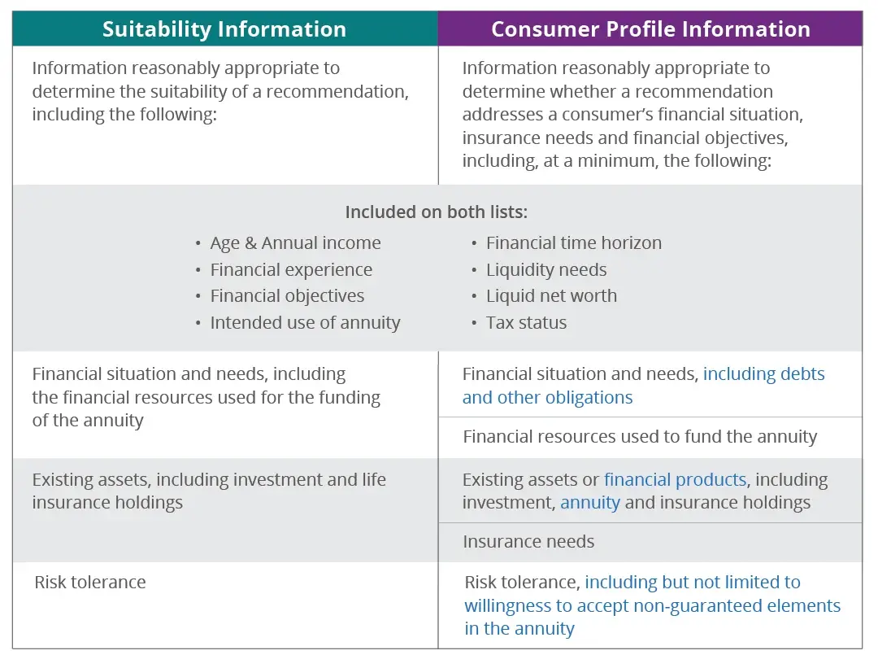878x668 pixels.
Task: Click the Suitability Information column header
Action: pyautogui.click(x=224, y=29)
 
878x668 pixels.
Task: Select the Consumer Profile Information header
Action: pyautogui.click(x=650, y=29)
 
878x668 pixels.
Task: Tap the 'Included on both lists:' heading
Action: pyautogui.click(x=437, y=212)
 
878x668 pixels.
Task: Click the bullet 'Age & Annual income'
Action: pyautogui.click(x=295, y=243)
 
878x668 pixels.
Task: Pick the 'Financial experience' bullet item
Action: pyautogui.click(x=291, y=270)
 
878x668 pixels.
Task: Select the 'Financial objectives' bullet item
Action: pyautogui.click(x=287, y=296)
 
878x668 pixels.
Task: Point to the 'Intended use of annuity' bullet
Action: pyautogui.click(x=305, y=323)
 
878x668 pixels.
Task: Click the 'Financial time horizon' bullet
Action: pyautogui.click(x=573, y=243)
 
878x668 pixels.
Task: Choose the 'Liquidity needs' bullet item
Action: pyautogui.click(x=546, y=270)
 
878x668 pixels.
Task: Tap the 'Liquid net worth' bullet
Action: pyautogui.click(x=551, y=296)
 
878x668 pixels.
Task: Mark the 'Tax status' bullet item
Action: pyautogui.click(x=526, y=323)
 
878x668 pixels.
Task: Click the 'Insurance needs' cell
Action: pyautogui.click(x=528, y=542)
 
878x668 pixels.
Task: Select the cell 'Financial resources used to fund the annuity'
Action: pyautogui.click(x=640, y=437)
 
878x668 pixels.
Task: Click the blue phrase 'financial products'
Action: pyautogui.click(x=675, y=480)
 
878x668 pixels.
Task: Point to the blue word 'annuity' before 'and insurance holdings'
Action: pyautogui.click(x=590, y=503)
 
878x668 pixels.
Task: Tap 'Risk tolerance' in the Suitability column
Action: pyautogui.click(x=90, y=583)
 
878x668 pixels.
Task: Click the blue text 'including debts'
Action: pyautogui.click(x=763, y=374)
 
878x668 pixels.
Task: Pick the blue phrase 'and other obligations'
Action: pyautogui.click(x=547, y=398)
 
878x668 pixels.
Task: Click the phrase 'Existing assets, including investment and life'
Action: pyautogui.click(x=209, y=480)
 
